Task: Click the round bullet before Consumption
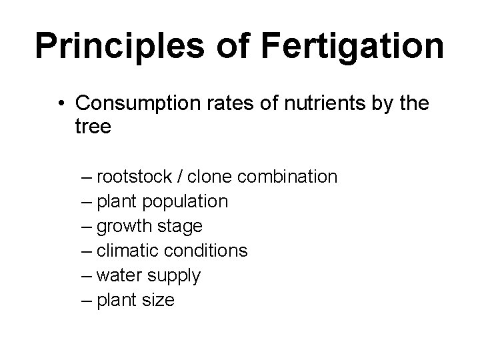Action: tap(61, 104)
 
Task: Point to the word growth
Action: tap(125, 227)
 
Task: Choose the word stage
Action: tap(179, 227)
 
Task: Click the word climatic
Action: tap(125, 251)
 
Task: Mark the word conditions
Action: tap(203, 251)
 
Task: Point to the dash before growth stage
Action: tap(85, 227)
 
